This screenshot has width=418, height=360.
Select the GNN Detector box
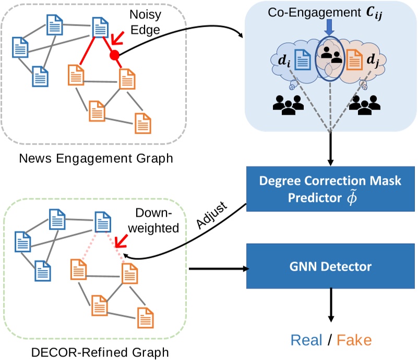[330, 267]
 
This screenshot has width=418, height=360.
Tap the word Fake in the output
[354, 341]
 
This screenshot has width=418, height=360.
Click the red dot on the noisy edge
[114, 54]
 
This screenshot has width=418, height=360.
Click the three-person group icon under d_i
[288, 105]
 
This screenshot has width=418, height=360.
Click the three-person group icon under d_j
[364, 105]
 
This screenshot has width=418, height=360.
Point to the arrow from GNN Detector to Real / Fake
[330, 305]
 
